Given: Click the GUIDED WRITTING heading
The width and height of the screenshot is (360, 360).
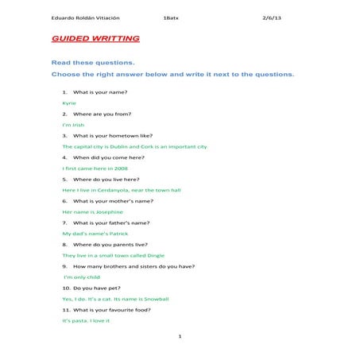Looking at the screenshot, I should (95, 39).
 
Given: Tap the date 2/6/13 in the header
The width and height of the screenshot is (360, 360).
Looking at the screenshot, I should (273, 17).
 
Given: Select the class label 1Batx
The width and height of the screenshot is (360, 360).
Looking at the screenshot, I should (170, 17).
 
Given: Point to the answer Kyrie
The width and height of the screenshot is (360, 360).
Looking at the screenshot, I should (69, 103).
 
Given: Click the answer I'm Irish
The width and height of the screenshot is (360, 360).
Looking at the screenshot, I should (73, 125).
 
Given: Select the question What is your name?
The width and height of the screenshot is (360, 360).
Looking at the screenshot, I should (99, 92).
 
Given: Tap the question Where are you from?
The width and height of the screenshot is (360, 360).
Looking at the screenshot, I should (102, 114).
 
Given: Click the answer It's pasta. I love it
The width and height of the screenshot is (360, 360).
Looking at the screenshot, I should (86, 320).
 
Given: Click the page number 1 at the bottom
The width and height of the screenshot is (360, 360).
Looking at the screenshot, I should (180, 337).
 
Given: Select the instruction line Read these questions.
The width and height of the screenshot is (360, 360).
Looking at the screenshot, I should (93, 61).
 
